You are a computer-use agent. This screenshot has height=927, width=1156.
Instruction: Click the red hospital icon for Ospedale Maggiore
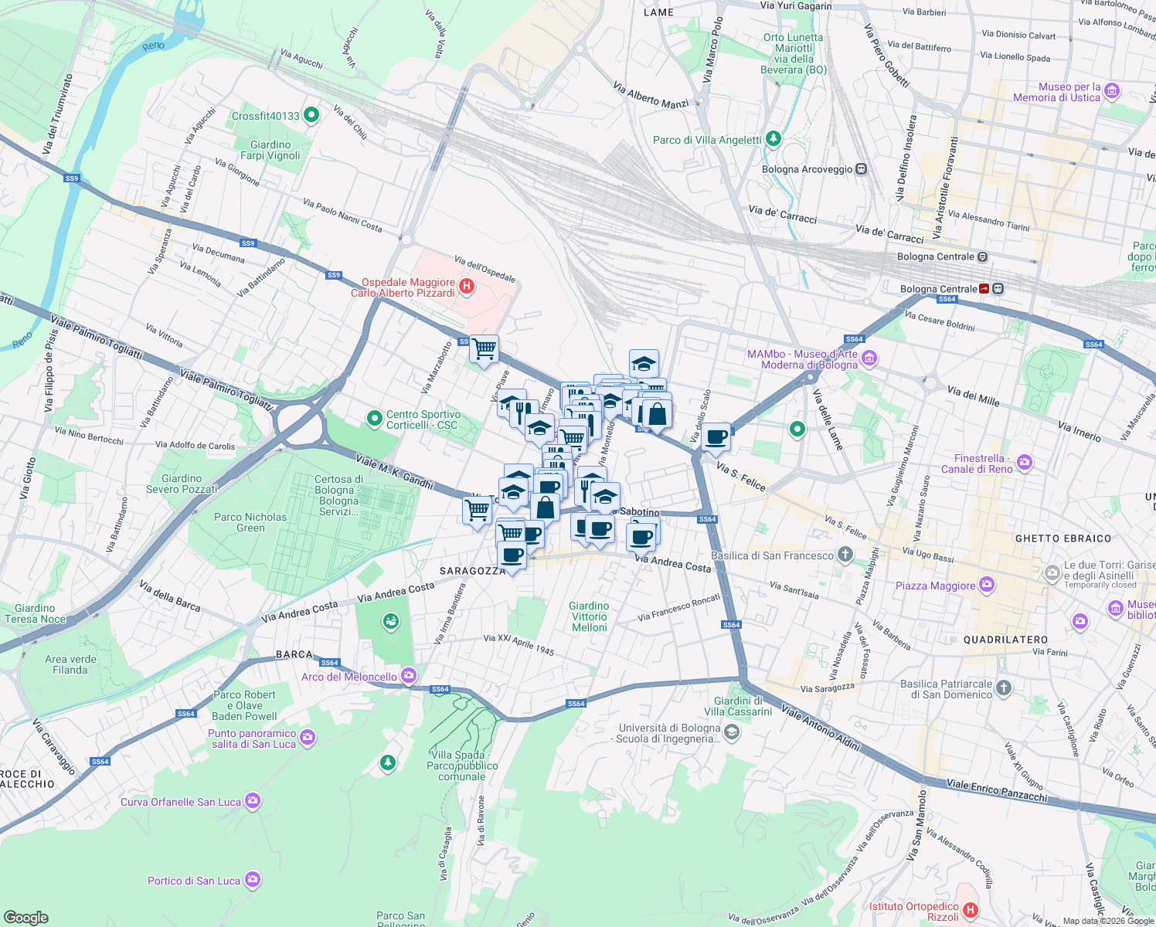(x=466, y=287)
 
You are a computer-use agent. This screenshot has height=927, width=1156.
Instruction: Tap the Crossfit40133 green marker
(x=311, y=116)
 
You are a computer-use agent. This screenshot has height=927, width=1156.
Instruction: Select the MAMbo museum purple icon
(x=869, y=358)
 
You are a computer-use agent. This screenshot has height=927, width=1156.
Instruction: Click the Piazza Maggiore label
(x=935, y=586)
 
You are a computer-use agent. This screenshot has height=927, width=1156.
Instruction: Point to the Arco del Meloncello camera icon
(x=409, y=676)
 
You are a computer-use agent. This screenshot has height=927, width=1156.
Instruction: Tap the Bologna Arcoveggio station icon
(x=861, y=169)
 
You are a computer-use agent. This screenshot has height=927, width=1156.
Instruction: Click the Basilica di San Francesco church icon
(x=845, y=554)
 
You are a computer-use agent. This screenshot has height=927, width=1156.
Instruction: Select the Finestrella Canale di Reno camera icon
(x=1025, y=463)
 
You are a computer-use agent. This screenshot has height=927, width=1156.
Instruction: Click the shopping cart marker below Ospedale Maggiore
(x=484, y=349)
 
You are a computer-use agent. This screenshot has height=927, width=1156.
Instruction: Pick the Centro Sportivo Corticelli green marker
(x=375, y=419)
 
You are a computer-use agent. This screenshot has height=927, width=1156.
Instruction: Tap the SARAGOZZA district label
(x=473, y=571)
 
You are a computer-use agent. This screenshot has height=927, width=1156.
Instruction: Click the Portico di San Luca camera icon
(x=252, y=880)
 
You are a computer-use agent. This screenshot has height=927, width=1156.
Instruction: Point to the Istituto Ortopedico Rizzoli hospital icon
(x=971, y=912)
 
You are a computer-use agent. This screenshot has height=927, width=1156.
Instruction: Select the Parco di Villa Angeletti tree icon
(x=773, y=140)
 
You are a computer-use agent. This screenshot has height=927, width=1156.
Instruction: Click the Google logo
(x=25, y=917)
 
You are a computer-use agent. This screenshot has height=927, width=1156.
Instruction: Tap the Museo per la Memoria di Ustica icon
(x=1112, y=91)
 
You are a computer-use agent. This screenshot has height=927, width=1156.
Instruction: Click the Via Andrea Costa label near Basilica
(x=672, y=563)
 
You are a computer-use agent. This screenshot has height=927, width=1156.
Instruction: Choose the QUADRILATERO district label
(x=1005, y=640)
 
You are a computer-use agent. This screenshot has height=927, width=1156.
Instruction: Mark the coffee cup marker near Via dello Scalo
(x=716, y=437)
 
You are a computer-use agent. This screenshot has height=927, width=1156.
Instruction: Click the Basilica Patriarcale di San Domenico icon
(x=1003, y=688)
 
